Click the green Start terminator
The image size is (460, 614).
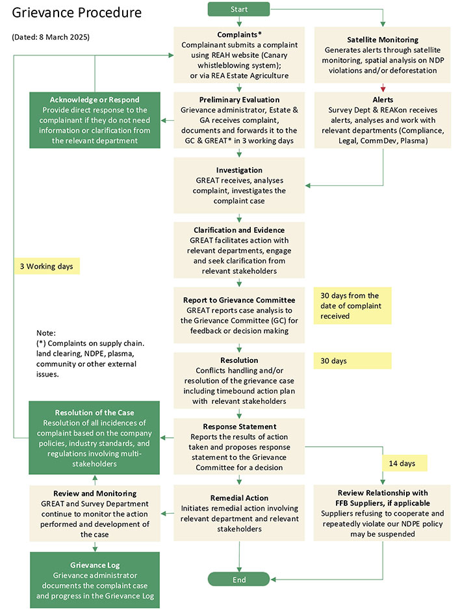(239, 9)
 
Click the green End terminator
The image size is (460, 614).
(239, 579)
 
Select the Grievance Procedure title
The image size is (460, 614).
(77, 12)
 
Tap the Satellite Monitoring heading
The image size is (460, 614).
(382, 40)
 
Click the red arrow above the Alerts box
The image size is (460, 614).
(383, 88)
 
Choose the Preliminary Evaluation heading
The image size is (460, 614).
(239, 100)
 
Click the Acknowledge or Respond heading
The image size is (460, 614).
(94, 99)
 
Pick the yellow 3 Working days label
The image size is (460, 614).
(47, 266)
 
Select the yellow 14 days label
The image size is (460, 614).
(403, 462)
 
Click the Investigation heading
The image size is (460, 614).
(239, 170)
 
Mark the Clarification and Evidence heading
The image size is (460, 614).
(239, 230)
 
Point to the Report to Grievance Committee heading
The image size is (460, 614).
(239, 300)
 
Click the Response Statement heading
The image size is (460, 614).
(239, 426)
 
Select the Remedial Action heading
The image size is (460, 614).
(239, 498)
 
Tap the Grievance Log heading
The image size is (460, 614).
(94, 565)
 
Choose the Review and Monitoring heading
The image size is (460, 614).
(94, 493)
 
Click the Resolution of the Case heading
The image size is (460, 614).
(94, 412)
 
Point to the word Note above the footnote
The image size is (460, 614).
(46, 332)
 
